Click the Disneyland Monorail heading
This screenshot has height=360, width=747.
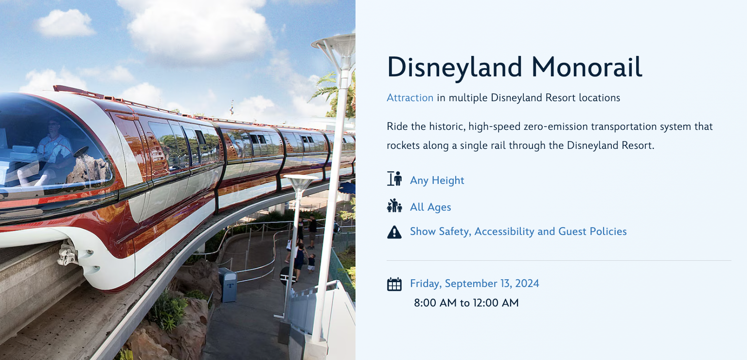point(515,67)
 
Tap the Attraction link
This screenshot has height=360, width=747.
point(410,98)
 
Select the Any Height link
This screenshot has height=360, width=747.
point(437,180)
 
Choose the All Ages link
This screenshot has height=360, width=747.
point(430,207)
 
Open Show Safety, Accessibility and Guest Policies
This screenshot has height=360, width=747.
point(518,232)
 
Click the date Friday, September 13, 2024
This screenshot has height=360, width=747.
point(475,284)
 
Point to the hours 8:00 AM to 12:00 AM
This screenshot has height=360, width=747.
point(466,303)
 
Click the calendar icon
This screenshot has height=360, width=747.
point(394,284)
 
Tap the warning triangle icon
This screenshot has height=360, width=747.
point(394,232)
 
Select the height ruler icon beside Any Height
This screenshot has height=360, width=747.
point(394,179)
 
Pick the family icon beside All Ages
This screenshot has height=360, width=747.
point(394,205)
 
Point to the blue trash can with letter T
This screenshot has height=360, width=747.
point(229,285)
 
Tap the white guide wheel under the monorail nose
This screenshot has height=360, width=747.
point(69,253)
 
